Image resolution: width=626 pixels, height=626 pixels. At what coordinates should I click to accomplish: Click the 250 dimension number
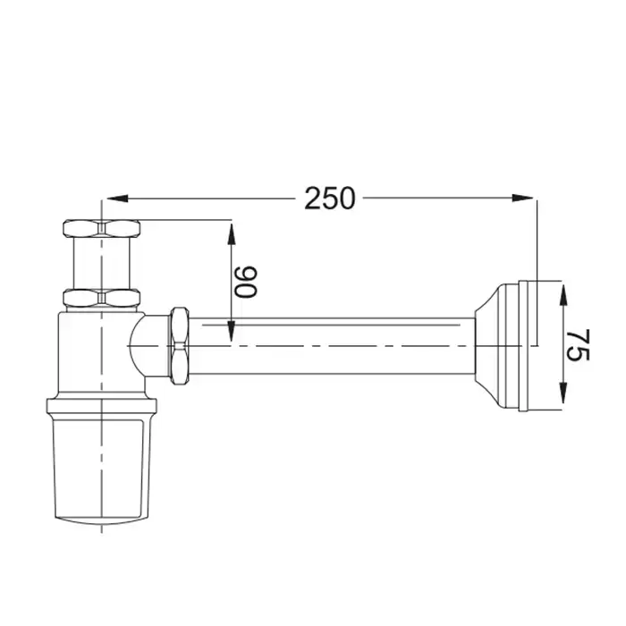(x=329, y=199)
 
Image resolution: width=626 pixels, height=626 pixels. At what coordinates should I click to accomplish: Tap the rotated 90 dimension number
(x=246, y=282)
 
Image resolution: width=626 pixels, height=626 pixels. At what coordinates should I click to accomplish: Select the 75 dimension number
(x=578, y=344)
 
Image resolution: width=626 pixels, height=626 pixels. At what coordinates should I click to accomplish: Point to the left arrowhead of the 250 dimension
(x=117, y=198)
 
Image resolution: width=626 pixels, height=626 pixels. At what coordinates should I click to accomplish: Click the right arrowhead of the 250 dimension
(x=522, y=198)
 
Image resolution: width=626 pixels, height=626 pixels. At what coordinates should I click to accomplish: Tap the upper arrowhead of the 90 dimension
(x=231, y=234)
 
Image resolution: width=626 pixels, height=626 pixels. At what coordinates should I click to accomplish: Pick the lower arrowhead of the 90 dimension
(x=231, y=331)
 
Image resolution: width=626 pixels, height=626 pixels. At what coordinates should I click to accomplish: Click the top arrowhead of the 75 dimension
(x=563, y=294)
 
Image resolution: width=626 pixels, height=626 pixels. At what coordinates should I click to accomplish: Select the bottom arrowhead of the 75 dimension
(x=563, y=393)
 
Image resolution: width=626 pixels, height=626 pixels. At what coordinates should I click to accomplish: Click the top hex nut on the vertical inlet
(x=102, y=228)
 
